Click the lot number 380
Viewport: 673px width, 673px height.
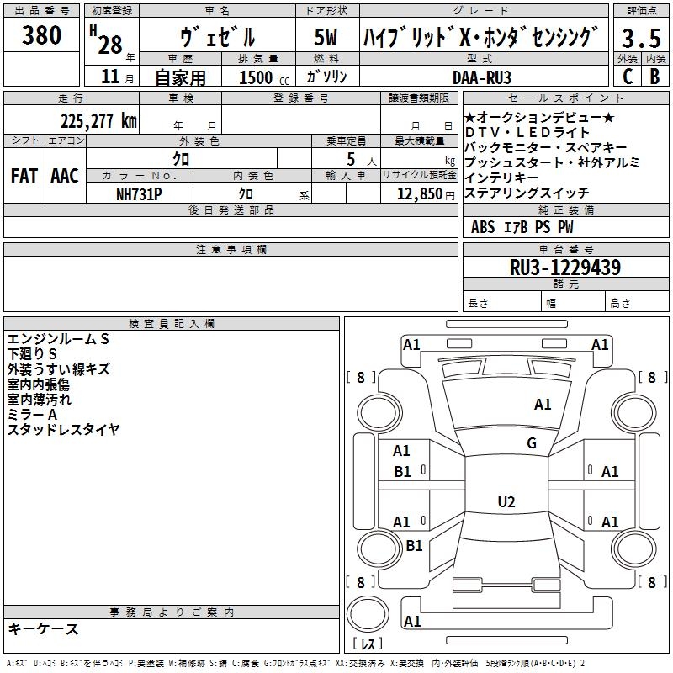click(41, 35)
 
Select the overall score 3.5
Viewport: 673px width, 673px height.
click(641, 38)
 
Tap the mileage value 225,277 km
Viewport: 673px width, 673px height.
click(98, 121)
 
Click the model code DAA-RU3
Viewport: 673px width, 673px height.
click(482, 77)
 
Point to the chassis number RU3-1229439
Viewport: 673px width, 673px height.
click(565, 268)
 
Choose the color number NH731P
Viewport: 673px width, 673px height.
click(139, 194)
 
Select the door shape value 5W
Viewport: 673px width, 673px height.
click(326, 37)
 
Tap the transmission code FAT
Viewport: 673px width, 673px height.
click(24, 176)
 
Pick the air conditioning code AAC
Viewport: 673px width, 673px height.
click(65, 176)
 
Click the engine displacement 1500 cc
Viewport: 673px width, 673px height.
click(264, 77)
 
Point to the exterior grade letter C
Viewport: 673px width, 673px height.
click(628, 77)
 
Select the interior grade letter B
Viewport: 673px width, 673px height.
click(654, 77)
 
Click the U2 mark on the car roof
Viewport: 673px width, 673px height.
click(506, 501)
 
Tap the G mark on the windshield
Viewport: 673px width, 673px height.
click(532, 443)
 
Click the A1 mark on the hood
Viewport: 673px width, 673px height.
click(543, 405)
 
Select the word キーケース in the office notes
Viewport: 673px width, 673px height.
click(43, 628)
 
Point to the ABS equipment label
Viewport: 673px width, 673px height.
click(483, 227)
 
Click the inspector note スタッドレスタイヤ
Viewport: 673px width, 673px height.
click(63, 429)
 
